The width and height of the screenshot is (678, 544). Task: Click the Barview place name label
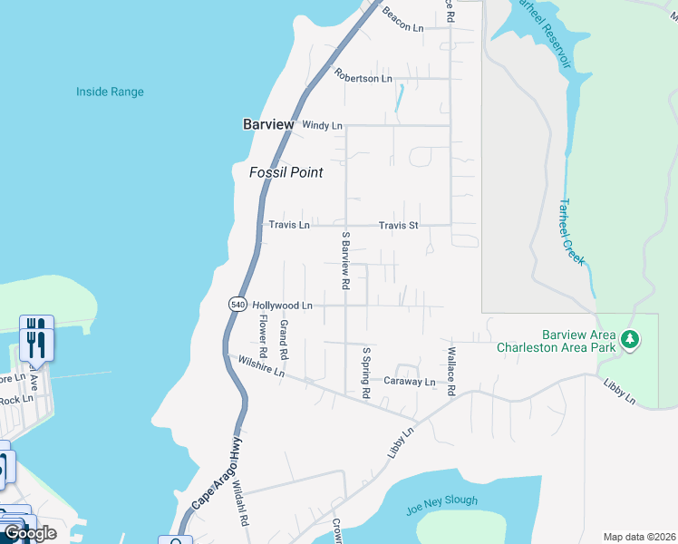tap(268, 125)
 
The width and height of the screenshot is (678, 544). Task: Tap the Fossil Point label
tap(286, 172)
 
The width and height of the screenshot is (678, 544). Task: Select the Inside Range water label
tap(110, 92)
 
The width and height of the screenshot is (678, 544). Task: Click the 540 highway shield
tap(237, 306)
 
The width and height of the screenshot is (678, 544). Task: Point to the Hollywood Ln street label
tap(282, 306)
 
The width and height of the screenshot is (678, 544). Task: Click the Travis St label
tap(398, 225)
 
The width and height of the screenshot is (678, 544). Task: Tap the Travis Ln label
tap(289, 225)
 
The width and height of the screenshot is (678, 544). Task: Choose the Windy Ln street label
tap(322, 125)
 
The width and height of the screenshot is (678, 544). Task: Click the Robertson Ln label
tap(363, 78)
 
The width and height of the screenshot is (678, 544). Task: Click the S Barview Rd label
tap(345, 260)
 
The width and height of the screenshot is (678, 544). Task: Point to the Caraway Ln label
tap(409, 382)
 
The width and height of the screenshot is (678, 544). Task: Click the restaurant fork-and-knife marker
tap(36, 338)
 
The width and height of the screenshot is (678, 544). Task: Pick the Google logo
tap(30, 533)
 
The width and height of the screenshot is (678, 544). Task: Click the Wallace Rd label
tap(450, 370)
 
